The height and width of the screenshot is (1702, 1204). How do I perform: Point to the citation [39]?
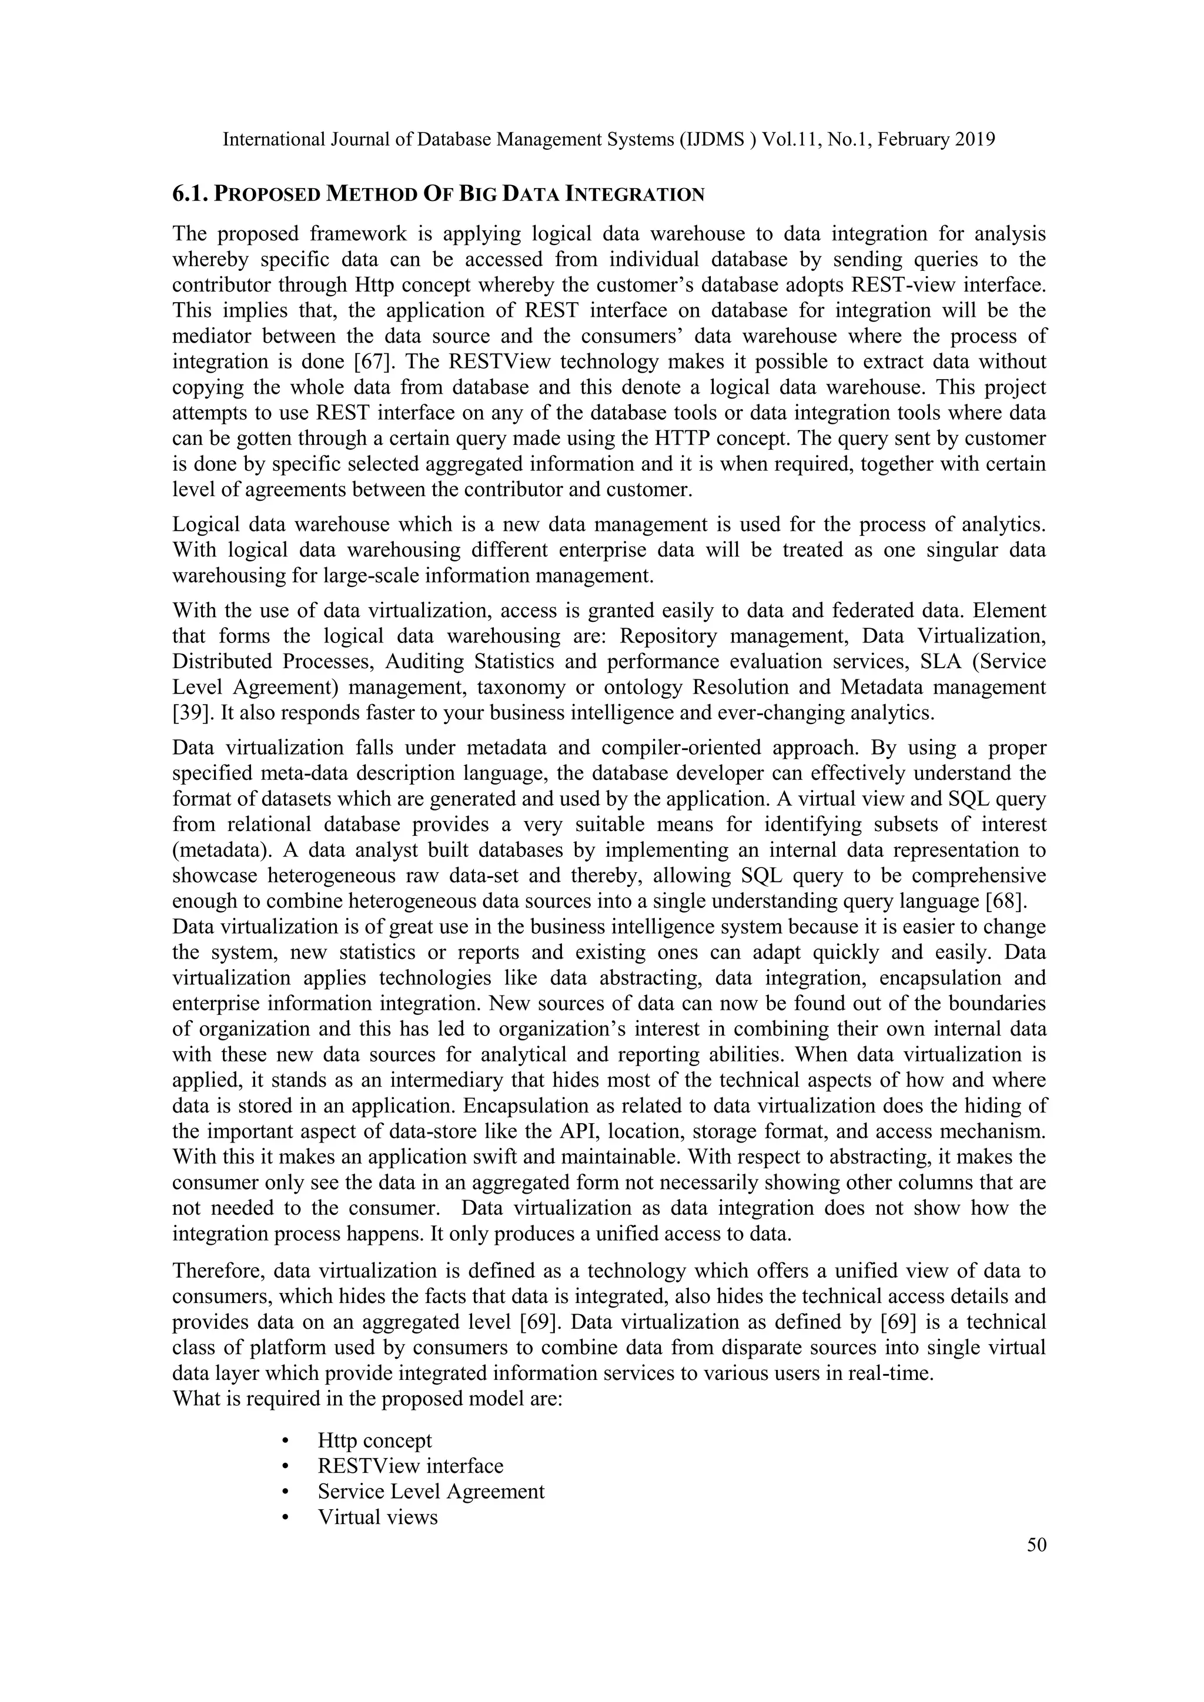coord(193,713)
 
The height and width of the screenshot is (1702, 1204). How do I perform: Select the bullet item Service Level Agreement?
coord(431,1492)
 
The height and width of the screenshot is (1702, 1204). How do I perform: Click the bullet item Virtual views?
coord(377,1517)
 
